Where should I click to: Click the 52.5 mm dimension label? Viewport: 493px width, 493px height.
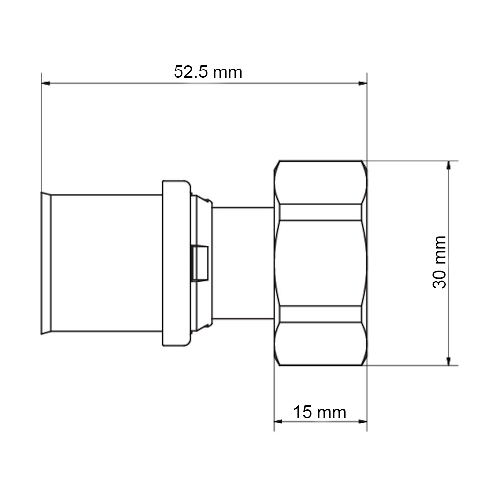[208, 72]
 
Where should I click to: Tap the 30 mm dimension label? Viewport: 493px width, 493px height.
[439, 262]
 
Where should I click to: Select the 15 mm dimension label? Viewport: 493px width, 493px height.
[319, 412]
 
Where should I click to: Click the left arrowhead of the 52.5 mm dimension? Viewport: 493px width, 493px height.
[46, 83]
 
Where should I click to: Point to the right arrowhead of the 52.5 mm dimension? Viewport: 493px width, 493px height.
[363, 83]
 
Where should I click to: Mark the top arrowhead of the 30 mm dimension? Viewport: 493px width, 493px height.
[449, 165]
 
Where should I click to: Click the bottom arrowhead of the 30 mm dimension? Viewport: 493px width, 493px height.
[449, 361]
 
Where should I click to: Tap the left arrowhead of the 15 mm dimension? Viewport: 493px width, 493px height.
[279, 422]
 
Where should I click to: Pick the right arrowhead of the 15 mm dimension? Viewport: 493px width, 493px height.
[363, 422]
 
